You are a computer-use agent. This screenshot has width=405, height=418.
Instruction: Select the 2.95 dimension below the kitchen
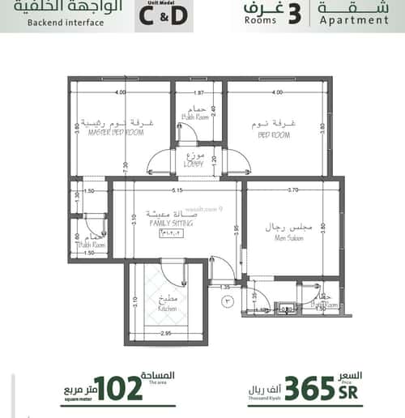tap(166, 333)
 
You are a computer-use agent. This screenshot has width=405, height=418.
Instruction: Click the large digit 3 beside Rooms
tap(294, 14)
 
